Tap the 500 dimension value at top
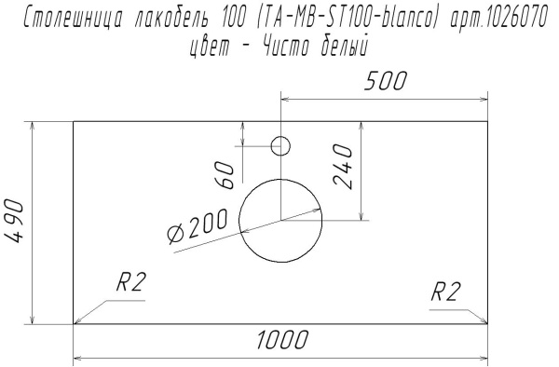385,82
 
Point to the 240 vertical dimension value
345,167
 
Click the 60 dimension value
225,173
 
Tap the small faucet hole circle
280,145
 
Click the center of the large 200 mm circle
280,220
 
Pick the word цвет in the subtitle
211,45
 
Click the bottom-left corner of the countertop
74,324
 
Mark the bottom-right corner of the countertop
488,324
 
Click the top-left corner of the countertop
74,120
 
